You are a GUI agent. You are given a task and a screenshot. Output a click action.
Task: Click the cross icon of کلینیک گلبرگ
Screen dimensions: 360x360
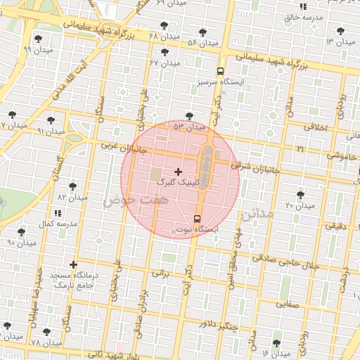(178, 172)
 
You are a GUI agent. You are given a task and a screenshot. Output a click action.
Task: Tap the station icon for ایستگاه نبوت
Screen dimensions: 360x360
(197, 219)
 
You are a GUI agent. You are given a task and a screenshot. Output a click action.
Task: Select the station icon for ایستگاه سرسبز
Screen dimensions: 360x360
(220, 71)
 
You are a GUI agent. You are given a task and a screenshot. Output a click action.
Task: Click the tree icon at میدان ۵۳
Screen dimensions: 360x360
(188, 116)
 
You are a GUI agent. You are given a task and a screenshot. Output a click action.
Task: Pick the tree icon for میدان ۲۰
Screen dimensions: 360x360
(301, 195)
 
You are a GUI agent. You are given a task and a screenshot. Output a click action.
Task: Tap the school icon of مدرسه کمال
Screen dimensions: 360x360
(57, 212)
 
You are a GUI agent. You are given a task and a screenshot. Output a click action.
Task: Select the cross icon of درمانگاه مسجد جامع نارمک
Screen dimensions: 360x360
(73, 265)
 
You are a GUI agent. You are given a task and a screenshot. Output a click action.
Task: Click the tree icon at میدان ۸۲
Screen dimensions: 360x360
(72, 187)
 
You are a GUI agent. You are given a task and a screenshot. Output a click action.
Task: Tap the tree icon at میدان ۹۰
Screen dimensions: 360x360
(21, 232)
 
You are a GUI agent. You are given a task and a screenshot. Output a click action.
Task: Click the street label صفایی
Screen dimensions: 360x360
(289, 305)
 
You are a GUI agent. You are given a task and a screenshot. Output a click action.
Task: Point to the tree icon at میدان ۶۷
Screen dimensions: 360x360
(165, 53)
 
